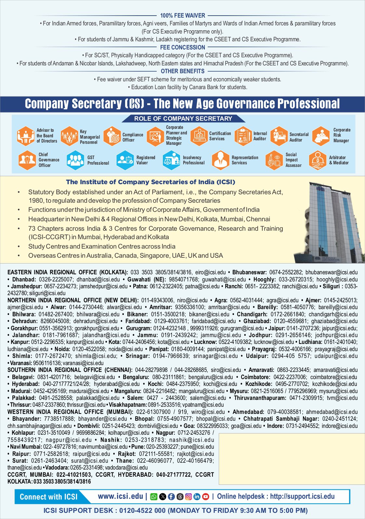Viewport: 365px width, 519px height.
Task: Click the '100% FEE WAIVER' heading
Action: [182, 15]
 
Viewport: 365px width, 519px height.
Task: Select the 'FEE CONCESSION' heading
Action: [182, 47]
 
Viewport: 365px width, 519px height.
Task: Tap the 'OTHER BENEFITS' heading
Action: [182, 71]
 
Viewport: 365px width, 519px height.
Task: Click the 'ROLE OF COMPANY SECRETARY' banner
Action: [183, 118]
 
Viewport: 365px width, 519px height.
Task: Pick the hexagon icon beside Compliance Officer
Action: [112, 136]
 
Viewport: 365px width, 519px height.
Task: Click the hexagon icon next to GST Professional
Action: [75, 160]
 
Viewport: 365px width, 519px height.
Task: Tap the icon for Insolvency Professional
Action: [171, 160]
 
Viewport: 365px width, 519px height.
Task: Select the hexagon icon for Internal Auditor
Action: [243, 136]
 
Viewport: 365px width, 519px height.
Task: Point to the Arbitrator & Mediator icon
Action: [318, 160]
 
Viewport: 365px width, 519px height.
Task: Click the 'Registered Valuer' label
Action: [146, 160]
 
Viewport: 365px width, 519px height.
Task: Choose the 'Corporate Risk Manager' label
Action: [342, 135]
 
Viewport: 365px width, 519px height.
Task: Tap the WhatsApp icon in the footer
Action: [154, 497]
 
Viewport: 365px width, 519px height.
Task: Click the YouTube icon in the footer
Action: [205, 497]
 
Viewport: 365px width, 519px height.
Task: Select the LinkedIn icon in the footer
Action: [197, 497]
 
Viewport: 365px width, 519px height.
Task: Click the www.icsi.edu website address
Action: [120, 496]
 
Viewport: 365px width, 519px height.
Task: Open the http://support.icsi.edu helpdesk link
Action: [302, 496]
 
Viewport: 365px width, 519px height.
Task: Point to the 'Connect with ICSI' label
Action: [49, 497]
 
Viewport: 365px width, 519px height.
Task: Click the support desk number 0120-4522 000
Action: [142, 511]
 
